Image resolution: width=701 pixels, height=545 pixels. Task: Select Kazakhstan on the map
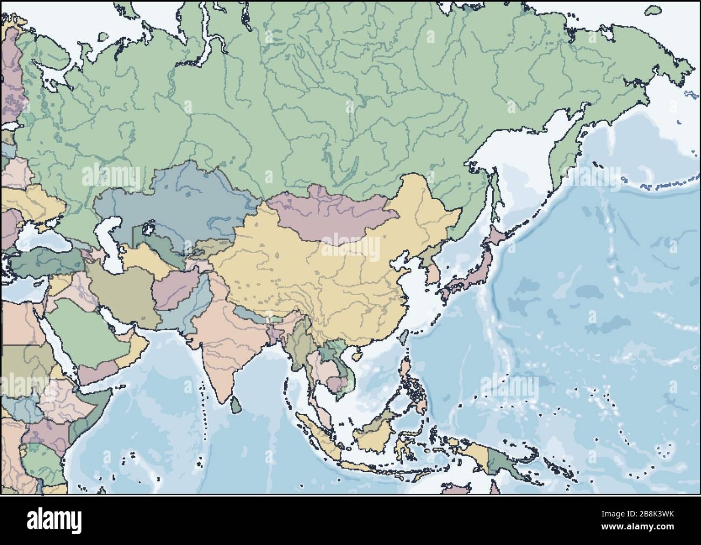pos(178,199)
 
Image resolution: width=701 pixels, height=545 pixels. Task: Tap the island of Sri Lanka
pos(233,405)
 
